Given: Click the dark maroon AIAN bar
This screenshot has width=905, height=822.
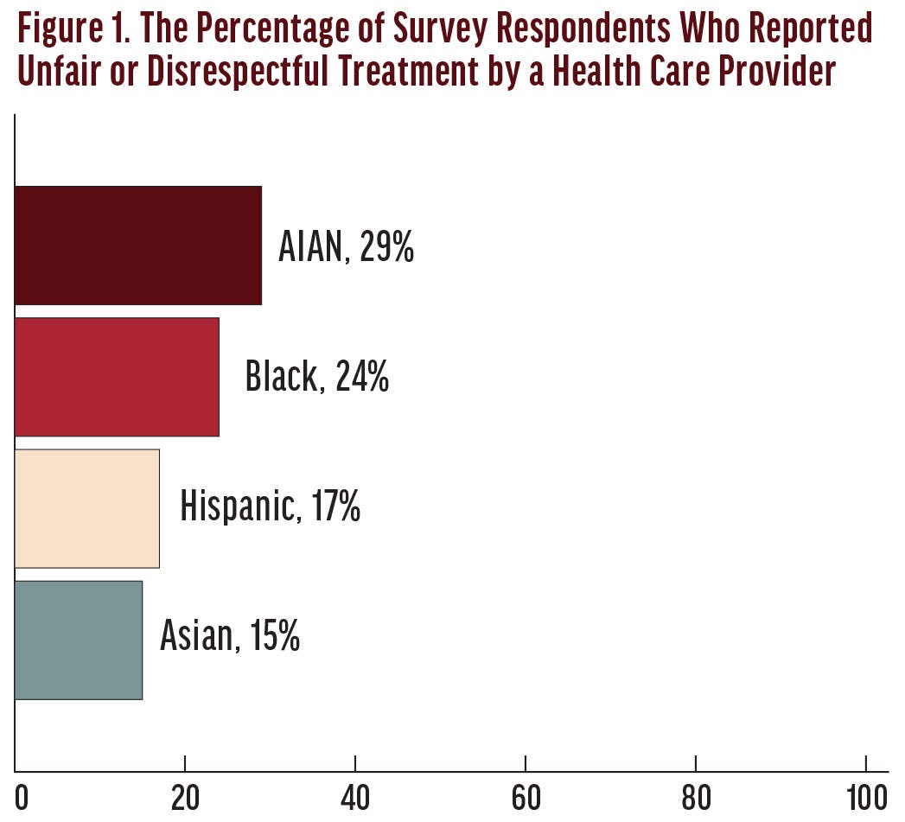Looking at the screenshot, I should (138, 245).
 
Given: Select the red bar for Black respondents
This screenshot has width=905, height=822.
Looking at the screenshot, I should (117, 377).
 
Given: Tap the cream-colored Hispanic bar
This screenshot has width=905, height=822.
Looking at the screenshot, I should (87, 508).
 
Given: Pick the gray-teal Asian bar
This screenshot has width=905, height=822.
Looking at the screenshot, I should (79, 640).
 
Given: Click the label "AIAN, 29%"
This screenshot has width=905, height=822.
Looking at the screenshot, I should (346, 247).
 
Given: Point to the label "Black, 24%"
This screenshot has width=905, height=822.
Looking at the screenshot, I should (316, 378).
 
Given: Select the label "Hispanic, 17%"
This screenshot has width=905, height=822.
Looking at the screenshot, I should (270, 507).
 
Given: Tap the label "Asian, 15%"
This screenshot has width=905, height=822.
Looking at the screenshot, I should (230, 638).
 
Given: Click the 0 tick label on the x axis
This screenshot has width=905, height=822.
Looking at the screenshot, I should (22, 798).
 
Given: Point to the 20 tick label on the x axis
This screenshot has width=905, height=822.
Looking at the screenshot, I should (185, 798).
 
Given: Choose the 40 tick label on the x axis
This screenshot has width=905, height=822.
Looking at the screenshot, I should (355, 798).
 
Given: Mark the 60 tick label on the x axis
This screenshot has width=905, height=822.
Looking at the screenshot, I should (526, 798).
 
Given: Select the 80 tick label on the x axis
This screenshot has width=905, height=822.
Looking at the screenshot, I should (696, 798).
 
